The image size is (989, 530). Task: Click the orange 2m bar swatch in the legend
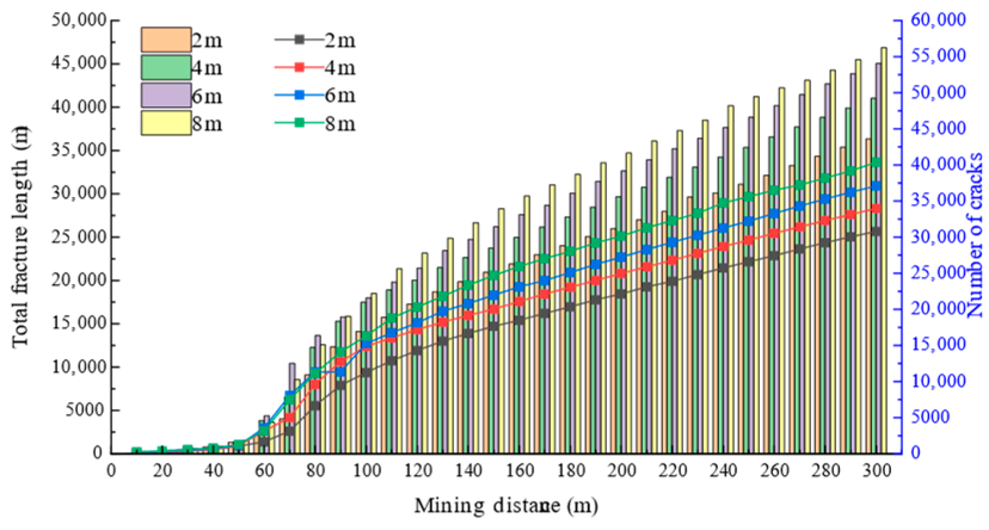point(166,40)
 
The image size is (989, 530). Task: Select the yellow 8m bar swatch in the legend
point(166,123)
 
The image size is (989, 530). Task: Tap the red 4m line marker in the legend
point(300,67)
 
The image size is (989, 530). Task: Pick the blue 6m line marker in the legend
point(300,95)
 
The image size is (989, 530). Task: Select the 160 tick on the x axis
point(519,471)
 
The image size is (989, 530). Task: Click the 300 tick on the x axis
point(876,471)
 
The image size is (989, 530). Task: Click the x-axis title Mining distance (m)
point(506,506)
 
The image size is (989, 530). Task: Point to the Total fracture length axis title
point(20,237)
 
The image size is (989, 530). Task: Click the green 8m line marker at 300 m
point(876,163)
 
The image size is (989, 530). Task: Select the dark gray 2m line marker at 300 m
point(876,231)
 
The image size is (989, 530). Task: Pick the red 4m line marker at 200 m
point(621,274)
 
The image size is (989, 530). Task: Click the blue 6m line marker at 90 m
point(340,372)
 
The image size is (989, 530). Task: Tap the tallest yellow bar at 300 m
point(883,250)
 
